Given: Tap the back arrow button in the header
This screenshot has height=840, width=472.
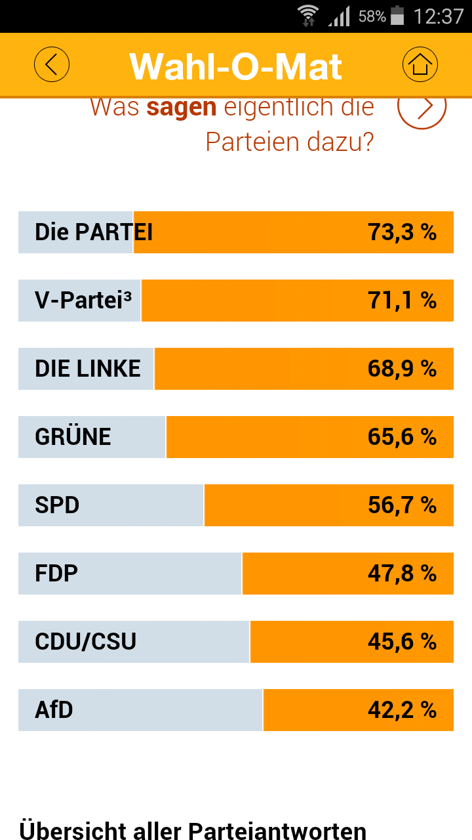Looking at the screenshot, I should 52,64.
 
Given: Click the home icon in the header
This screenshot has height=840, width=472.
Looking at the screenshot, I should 420,64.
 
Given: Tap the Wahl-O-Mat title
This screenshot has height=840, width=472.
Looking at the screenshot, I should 236,66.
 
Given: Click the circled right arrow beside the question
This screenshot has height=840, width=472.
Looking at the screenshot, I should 422,106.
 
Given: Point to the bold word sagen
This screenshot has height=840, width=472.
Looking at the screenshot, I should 182,107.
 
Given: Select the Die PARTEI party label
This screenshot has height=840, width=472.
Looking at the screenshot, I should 94,232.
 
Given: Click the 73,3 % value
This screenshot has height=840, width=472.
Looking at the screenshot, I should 402,232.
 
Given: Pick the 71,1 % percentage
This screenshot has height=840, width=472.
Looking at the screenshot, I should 402,301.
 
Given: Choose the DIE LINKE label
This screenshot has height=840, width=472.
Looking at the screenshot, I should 88,369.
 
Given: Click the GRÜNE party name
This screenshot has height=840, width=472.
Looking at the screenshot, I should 73,437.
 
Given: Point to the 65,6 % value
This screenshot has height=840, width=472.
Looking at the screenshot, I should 402,437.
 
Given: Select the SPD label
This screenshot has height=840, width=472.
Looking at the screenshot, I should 57,505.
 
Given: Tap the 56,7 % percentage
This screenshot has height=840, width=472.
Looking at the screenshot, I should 402,505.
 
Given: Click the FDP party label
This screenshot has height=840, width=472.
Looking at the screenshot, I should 56,574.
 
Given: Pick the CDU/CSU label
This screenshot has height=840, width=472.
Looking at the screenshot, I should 86,642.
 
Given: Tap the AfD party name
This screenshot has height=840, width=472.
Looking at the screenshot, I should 54,710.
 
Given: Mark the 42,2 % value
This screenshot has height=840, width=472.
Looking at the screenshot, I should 402,710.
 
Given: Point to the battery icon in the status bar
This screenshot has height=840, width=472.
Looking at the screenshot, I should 397,16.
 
